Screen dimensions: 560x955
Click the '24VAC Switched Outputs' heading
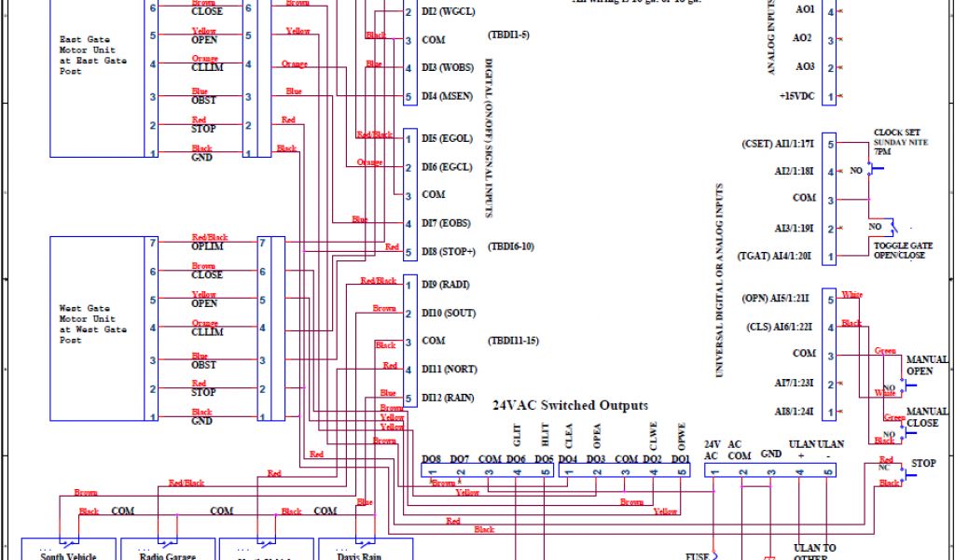point(570,406)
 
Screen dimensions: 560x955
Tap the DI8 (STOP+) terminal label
point(449,252)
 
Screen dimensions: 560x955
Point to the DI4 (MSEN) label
point(448,97)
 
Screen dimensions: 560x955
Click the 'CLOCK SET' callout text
point(897,133)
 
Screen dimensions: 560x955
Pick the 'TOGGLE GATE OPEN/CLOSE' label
point(899,251)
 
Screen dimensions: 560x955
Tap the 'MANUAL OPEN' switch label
point(927,365)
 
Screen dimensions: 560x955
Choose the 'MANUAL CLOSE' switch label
point(927,417)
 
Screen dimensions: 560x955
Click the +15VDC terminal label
point(797,97)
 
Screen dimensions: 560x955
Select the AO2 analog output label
point(803,39)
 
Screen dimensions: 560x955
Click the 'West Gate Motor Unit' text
point(92,324)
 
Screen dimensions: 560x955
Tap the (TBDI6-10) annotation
point(512,247)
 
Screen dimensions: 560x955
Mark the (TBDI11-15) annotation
point(513,341)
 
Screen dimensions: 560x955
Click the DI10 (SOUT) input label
point(448,313)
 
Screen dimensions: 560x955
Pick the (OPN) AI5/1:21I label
point(779,299)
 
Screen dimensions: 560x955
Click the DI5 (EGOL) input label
point(448,139)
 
